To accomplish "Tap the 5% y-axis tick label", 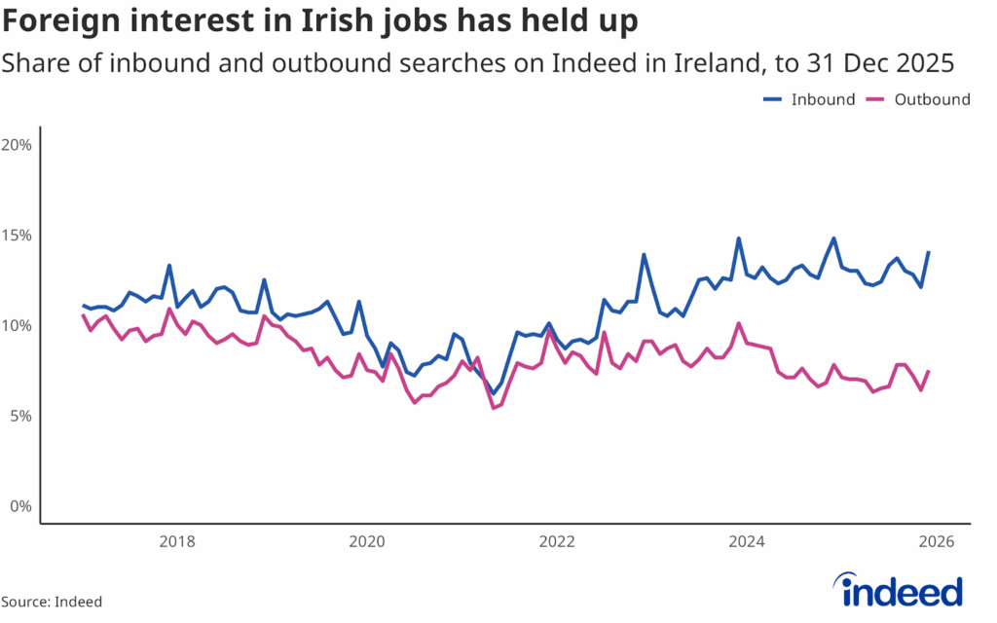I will (21, 416).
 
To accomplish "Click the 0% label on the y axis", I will (21, 506).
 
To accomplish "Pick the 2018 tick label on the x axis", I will (175, 542).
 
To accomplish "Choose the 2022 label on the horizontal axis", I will (556, 542).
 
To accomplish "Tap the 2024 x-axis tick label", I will (746, 542).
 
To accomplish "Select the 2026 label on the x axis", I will (936, 542).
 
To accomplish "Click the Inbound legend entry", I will (823, 99).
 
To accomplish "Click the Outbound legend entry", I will (932, 99).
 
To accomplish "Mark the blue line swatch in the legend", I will (773, 99).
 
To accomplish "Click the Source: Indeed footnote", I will (52, 602).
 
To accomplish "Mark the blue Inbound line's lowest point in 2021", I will (494, 393).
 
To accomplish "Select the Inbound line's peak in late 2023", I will (739, 238).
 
